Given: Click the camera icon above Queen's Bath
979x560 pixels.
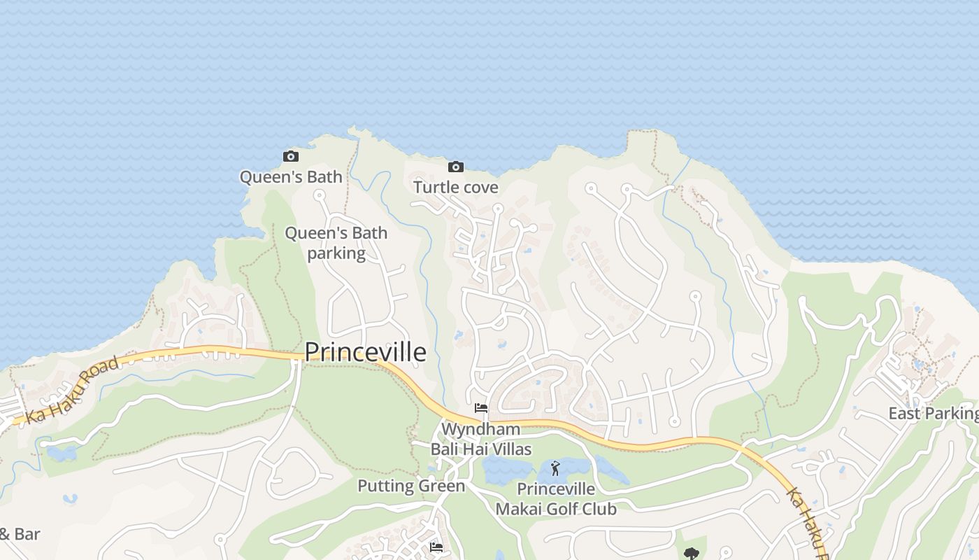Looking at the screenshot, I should click(290, 156).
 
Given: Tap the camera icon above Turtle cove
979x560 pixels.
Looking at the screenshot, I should click(455, 167).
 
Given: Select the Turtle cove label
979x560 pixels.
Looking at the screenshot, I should click(455, 187).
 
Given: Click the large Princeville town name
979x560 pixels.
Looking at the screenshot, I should click(365, 351).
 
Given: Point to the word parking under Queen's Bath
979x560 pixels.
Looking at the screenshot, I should click(336, 253).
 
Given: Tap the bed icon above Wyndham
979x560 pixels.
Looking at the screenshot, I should click(480, 408).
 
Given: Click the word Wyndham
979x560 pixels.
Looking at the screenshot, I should click(480, 428).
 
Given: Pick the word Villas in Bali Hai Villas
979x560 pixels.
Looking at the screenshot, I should click(509, 449).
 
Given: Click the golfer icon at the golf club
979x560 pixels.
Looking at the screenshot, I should click(555, 468).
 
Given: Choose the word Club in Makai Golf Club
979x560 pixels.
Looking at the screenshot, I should click(599, 509).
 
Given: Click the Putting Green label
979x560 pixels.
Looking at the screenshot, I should click(411, 486).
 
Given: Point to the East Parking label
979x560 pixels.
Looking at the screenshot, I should click(933, 413).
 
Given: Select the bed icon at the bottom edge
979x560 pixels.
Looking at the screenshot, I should click(436, 547).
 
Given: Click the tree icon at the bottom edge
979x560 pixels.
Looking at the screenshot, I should click(691, 554).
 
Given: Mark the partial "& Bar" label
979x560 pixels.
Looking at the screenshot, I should click(20, 534).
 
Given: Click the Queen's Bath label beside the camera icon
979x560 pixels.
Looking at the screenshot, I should click(291, 176).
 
